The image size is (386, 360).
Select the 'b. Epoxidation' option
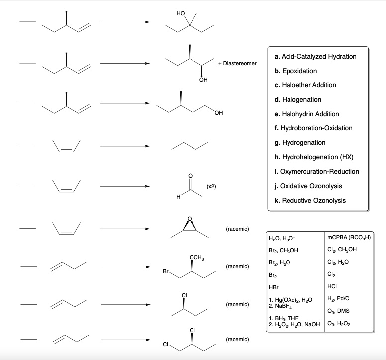(295, 71)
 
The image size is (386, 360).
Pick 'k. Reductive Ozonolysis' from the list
(310, 200)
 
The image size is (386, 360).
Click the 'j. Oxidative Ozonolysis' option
(310, 186)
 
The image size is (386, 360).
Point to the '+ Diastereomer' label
(237, 64)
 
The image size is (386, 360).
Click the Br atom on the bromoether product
(166, 273)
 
